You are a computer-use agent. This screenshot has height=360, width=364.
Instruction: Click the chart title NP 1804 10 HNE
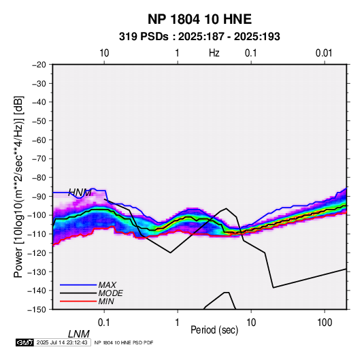point(199,19)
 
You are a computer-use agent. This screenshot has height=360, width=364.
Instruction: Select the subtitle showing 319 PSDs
point(199,37)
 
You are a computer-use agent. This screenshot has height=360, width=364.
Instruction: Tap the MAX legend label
point(107,284)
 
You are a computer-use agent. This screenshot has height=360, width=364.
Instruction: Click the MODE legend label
point(110,293)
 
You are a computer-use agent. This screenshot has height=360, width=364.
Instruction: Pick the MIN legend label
point(106,301)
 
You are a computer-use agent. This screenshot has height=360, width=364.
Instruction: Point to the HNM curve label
point(80,193)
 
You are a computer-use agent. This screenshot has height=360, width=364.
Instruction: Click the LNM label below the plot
point(79,334)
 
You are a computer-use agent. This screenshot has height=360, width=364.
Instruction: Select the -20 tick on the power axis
point(39,65)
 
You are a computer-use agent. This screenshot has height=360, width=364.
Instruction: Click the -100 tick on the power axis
point(37,215)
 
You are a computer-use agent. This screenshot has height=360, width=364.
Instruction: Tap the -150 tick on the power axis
point(37,310)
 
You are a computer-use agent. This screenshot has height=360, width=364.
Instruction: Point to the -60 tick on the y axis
point(39,140)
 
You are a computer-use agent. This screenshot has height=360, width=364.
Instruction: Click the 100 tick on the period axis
point(325,323)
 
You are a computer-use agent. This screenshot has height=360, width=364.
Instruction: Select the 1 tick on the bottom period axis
point(178,323)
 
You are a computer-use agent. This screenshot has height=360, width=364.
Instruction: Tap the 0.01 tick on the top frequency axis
point(324,53)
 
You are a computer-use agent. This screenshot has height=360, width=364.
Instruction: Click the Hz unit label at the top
point(214,53)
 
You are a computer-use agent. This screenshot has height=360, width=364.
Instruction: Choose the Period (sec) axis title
point(214,330)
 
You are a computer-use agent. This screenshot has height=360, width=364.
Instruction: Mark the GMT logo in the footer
point(25,342)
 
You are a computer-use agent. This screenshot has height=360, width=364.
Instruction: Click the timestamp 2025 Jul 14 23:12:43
point(62,342)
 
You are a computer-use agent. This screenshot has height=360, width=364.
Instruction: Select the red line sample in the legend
point(78,301)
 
